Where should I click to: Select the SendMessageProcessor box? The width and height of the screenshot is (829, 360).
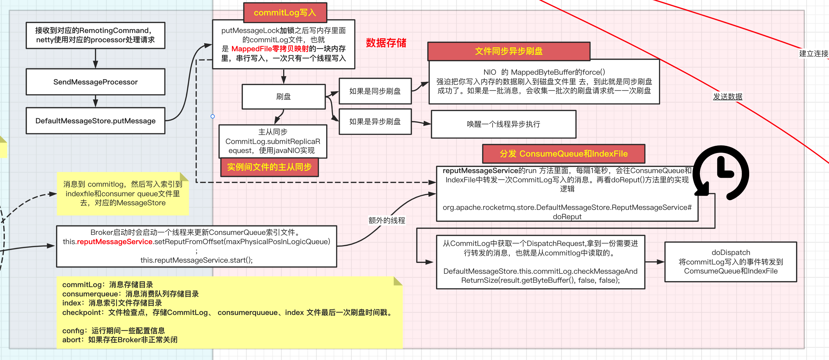click(95, 82)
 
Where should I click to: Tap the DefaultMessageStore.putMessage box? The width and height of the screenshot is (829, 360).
click(95, 121)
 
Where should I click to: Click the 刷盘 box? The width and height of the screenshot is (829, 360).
click(283, 97)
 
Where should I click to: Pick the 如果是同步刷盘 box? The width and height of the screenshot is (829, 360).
click(375, 91)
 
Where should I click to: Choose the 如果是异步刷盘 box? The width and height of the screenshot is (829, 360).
click(375, 121)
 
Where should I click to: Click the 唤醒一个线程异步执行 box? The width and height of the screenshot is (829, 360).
click(503, 124)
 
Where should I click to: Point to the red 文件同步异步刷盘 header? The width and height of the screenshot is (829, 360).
click(508, 51)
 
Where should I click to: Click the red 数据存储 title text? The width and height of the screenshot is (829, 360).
click(386, 43)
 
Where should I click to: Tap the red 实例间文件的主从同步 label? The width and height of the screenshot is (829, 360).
click(269, 167)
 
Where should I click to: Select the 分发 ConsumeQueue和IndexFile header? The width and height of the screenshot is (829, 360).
click(564, 153)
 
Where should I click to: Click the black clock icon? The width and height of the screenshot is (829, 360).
click(721, 173)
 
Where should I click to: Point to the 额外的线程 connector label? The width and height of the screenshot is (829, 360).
click(386, 220)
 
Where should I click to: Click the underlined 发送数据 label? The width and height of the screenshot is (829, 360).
click(728, 97)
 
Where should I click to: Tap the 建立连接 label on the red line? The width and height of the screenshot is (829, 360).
click(813, 54)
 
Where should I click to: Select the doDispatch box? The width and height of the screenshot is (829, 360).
click(731, 262)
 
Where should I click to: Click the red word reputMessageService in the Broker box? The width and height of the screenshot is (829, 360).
click(114, 242)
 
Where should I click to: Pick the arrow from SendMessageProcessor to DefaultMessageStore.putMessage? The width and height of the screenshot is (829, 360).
click(95, 101)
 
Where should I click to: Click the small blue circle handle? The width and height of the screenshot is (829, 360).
click(212, 116)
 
